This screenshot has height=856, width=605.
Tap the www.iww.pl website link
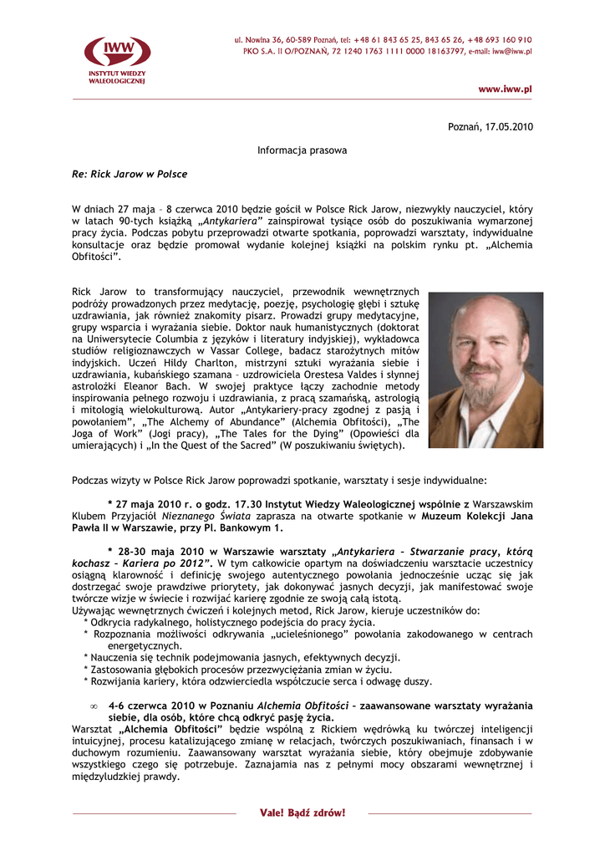505,89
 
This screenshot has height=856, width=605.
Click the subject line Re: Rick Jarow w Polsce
130,174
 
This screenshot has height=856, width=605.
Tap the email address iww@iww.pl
511,52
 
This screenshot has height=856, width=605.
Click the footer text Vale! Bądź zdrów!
302,813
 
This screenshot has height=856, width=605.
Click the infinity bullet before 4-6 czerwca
94,706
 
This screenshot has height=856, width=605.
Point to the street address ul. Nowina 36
262,40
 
